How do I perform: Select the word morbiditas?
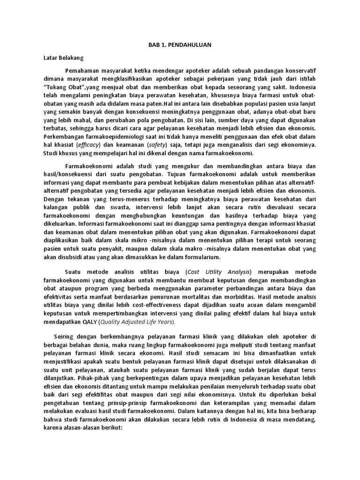(298, 297)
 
